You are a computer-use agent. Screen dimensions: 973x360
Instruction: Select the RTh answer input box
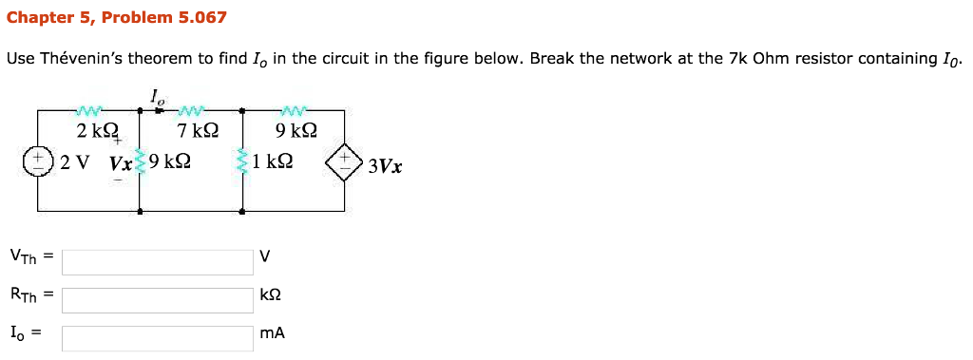tap(158, 300)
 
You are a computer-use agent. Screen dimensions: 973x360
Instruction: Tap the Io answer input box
tap(158, 338)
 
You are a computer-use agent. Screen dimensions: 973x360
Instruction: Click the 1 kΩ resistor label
tap(273, 161)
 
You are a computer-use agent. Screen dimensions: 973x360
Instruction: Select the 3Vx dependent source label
tap(385, 166)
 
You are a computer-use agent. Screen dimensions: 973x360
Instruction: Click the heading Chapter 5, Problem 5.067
tap(117, 18)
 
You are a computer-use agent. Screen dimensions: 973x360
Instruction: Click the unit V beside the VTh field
tap(265, 257)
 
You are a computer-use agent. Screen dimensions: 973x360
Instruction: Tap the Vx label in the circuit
tap(121, 162)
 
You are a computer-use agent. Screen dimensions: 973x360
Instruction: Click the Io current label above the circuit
tap(156, 95)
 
